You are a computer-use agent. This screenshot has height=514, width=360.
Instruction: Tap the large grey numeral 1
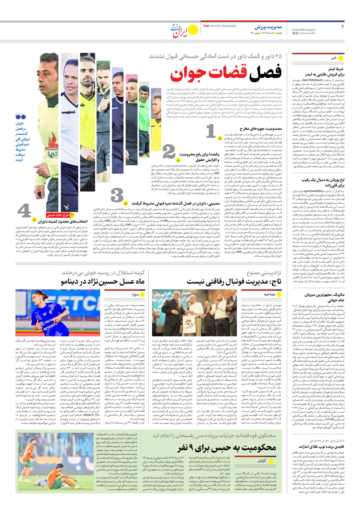(x=211, y=131)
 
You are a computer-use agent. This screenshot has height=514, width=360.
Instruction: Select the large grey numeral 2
(x=169, y=152)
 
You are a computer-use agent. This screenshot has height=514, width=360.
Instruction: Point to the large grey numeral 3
(x=117, y=196)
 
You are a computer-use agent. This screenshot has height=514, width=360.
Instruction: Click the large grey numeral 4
(x=24, y=211)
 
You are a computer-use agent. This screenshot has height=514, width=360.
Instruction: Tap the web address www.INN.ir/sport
(x=304, y=30)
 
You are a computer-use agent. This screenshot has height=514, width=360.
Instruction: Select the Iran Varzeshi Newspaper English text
(x=220, y=26)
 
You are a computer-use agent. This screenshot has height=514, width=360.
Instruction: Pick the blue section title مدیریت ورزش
(x=268, y=27)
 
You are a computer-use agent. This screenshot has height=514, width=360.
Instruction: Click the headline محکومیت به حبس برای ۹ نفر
(x=227, y=447)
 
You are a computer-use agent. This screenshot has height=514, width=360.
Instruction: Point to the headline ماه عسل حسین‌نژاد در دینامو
(x=103, y=282)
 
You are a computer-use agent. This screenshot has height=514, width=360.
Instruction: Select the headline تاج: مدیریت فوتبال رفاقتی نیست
(x=234, y=282)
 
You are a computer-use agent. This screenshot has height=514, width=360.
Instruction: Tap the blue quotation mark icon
(x=21, y=117)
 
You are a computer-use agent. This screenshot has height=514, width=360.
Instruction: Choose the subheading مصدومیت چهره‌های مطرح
(x=261, y=129)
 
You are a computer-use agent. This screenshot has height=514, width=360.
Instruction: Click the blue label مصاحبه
(x=270, y=294)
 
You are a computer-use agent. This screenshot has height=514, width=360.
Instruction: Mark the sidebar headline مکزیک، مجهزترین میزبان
(x=324, y=297)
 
